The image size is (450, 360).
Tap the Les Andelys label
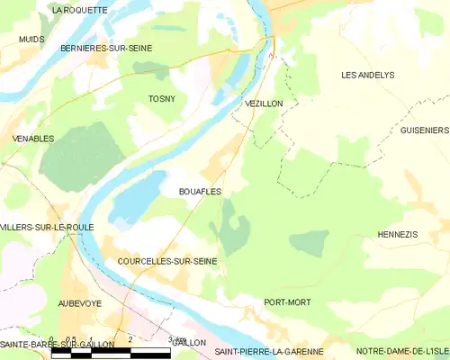(x=368, y=75)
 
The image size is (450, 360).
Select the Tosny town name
(x=163, y=99)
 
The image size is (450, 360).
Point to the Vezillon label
(x=264, y=103)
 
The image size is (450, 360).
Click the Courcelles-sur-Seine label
(x=167, y=260)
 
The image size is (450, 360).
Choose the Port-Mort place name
(x=287, y=302)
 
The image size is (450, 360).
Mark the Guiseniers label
(x=424, y=130)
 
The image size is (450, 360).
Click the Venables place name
(x=33, y=139)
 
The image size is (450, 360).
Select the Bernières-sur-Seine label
(x=106, y=47)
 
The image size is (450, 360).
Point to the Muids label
(x=32, y=40)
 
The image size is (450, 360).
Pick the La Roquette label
(x=79, y=10)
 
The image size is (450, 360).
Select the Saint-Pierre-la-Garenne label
(x=268, y=344)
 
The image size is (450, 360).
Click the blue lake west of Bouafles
(x=135, y=198)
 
